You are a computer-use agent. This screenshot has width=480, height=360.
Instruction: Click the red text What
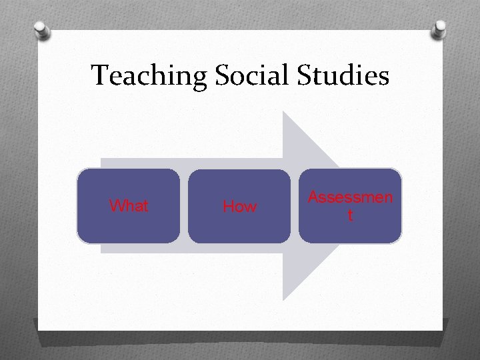click(x=129, y=207)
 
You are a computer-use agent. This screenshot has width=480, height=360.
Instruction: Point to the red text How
click(x=239, y=207)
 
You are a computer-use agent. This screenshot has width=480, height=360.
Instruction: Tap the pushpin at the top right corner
click(x=439, y=29)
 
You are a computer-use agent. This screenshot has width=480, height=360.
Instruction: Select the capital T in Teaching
click(x=99, y=75)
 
